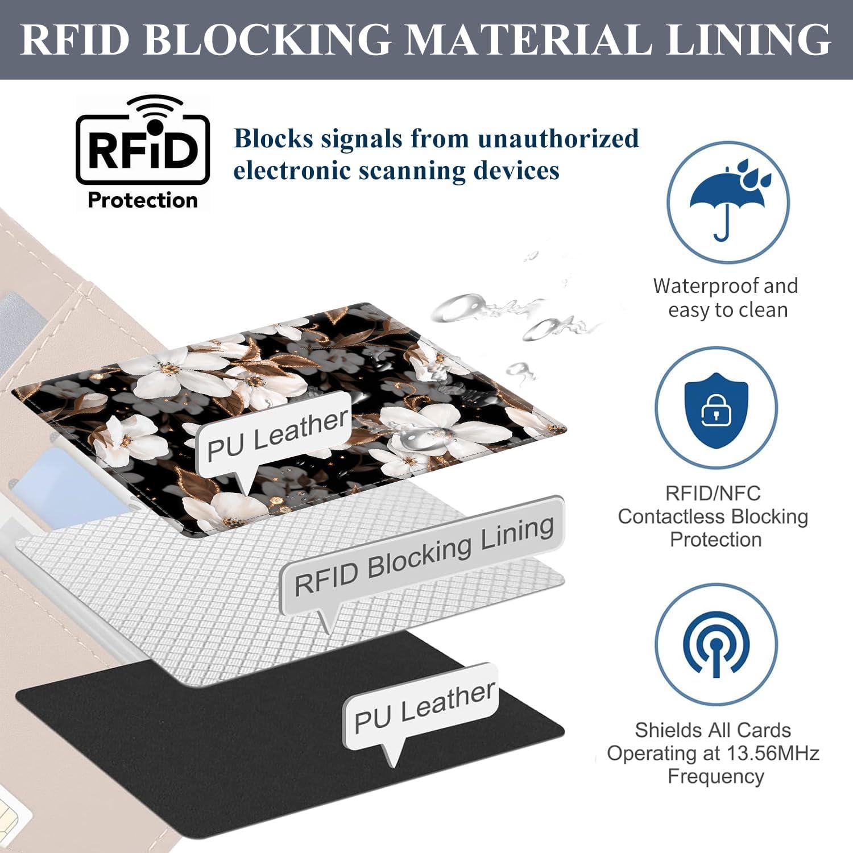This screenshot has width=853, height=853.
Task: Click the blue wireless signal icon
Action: (715, 645)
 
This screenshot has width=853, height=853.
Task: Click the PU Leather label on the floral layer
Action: (276, 434)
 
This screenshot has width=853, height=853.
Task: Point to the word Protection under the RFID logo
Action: (143, 200)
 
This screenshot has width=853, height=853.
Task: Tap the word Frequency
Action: (715, 776)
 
